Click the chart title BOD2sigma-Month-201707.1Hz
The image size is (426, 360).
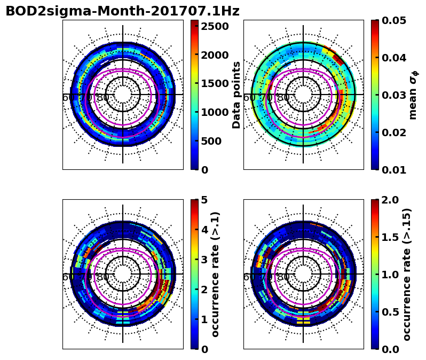pos(122,11)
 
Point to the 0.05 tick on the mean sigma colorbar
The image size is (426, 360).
pos(395,20)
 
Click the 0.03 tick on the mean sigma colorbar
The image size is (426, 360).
pos(395,95)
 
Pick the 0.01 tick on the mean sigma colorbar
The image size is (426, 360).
pos(395,170)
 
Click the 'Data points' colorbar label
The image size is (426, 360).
pos(237,95)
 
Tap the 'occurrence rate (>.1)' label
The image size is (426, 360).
pos(216,274)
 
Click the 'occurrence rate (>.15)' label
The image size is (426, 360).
pos(407,274)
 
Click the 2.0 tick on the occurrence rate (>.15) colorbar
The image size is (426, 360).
pos(391,200)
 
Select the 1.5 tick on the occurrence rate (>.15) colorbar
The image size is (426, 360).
pos(391,237)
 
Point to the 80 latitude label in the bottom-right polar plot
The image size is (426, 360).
pos(283,277)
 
